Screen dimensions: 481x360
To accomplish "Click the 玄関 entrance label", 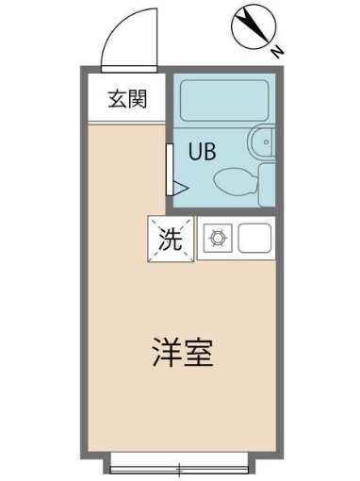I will (126, 98).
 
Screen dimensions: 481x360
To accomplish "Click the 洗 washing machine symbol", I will (169, 239).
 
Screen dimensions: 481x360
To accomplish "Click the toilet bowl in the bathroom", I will (233, 179).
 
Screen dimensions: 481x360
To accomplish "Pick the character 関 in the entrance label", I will (137, 98).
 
